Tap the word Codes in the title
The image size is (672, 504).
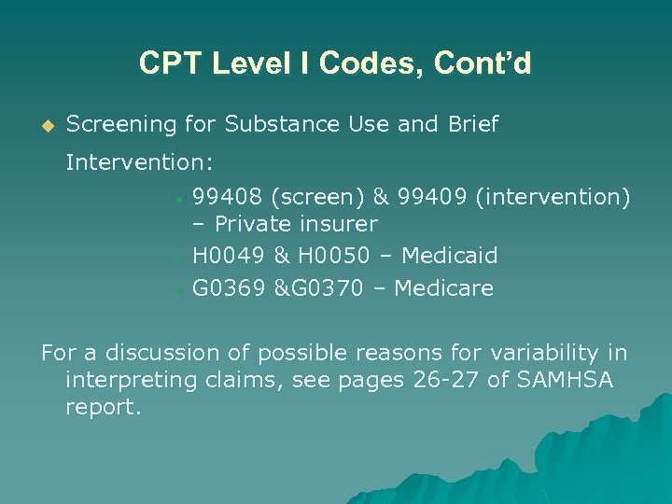tap(356, 63)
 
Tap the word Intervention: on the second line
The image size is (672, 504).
tap(140, 163)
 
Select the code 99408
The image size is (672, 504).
tap(228, 197)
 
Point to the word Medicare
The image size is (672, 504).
tap(443, 288)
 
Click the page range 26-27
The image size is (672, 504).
tap(454, 380)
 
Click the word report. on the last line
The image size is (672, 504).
tap(103, 408)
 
